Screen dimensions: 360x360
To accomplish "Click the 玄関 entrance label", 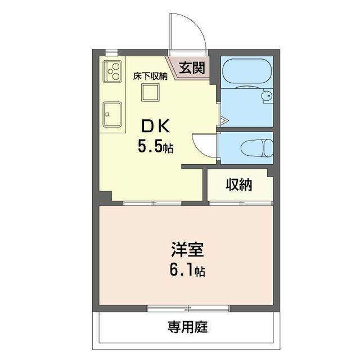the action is pyautogui.click(x=192, y=68).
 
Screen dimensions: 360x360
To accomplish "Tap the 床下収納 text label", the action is pyautogui.click(x=150, y=76).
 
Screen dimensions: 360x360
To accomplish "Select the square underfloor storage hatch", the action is pyautogui.click(x=150, y=92).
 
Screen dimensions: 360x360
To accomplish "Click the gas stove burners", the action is pyautogui.click(x=112, y=71).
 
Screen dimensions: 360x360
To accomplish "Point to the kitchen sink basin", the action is pyautogui.click(x=112, y=114).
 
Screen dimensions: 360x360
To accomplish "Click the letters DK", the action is pyautogui.click(x=155, y=126).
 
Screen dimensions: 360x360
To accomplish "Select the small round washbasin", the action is pyautogui.click(x=267, y=95).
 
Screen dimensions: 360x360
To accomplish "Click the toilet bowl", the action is pyautogui.click(x=257, y=148).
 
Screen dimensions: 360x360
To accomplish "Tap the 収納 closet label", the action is pyautogui.click(x=238, y=185).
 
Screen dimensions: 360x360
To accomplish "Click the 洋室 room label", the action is pyautogui.click(x=187, y=250).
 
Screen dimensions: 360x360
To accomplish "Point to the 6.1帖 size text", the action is pyautogui.click(x=187, y=270).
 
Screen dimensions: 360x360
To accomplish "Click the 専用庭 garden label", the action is pyautogui.click(x=187, y=327).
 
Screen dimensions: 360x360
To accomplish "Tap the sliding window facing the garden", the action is pyautogui.click(x=188, y=308).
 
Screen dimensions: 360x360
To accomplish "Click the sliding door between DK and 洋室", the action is pyautogui.click(x=152, y=203).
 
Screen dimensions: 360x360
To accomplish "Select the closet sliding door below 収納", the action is pyautogui.click(x=241, y=203).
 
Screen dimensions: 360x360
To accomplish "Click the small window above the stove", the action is pyautogui.click(x=111, y=52).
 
